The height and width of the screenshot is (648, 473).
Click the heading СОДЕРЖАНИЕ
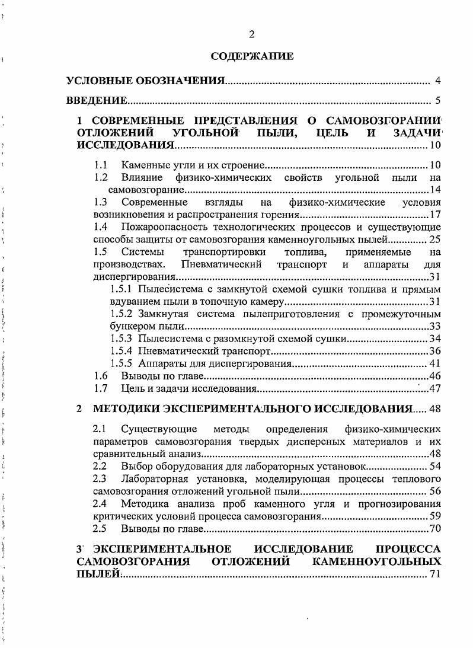[x=252, y=57]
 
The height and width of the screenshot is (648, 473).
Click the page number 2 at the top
[x=252, y=34]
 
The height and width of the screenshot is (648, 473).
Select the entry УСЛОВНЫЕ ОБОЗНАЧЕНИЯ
[x=145, y=81]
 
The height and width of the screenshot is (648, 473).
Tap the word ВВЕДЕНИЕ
[x=97, y=100]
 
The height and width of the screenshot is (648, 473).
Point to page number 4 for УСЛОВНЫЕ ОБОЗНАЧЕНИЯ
[x=437, y=81]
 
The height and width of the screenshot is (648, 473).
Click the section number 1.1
[x=101, y=165]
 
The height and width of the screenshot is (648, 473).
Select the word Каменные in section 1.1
[x=141, y=165]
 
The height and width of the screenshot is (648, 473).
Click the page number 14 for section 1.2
[x=434, y=190]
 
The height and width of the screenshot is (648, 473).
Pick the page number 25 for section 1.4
[x=434, y=240]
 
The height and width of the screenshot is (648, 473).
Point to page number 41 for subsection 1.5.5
[x=434, y=363]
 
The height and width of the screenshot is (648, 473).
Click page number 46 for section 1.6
[x=434, y=376]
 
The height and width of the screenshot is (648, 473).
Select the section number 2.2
[x=101, y=466]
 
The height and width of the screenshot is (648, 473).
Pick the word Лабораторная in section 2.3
[x=153, y=478]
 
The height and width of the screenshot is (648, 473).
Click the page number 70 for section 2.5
[x=434, y=528]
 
